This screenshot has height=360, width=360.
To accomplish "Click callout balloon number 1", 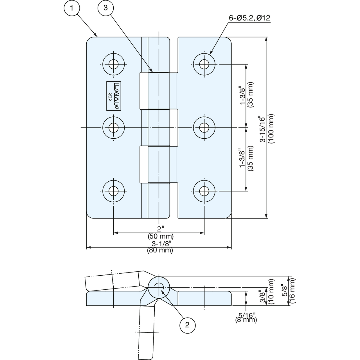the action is tap(72, 8).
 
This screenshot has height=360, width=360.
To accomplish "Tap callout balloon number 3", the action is tap(105, 8).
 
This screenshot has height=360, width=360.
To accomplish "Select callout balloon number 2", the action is tap(187, 325).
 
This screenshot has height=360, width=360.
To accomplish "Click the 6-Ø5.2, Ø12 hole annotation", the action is tap(249, 18).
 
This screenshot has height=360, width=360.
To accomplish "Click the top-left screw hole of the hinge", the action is tap(113, 65).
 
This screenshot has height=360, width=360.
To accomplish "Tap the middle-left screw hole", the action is tap(113, 128).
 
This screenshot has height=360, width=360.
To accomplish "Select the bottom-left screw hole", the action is tap(113, 191).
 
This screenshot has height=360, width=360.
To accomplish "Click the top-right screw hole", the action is tap(204, 65).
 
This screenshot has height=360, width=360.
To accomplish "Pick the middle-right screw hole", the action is tap(204, 128).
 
